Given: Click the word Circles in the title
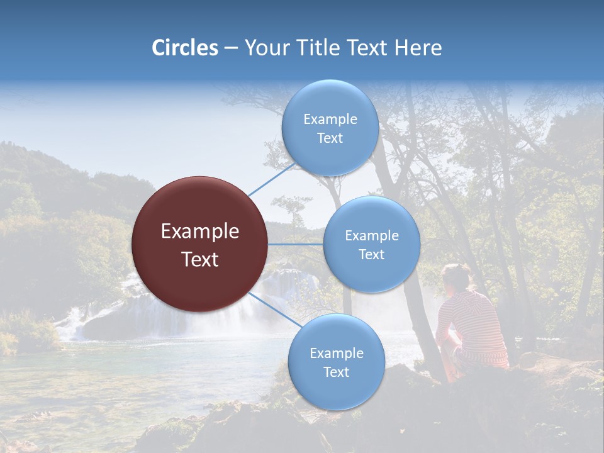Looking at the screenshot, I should coord(184,48).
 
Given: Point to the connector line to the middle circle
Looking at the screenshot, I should coord(296,244).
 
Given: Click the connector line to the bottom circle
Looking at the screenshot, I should coord(274,310).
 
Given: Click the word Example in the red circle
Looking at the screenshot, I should coord(200,232).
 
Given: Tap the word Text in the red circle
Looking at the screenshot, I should coord(200,259).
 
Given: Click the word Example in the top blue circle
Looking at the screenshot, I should coord(330,120).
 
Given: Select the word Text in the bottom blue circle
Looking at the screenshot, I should coord(336,372).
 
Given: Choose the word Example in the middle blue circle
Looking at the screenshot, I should coord(371,236).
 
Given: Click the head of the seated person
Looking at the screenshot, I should coord(456,277).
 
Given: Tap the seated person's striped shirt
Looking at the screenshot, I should coord(475,324).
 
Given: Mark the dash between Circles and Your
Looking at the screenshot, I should coord(231,48).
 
